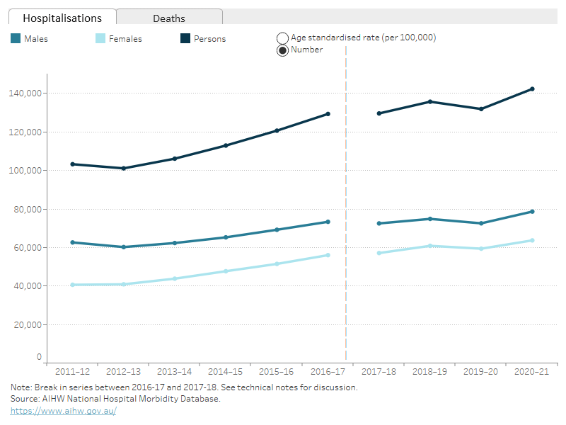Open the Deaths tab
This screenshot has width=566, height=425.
169,18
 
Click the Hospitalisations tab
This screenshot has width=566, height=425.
62,18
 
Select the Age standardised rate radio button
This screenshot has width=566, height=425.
282,38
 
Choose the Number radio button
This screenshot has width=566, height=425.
282,50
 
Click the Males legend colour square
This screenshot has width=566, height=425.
16,39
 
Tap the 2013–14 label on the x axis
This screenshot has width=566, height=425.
174,372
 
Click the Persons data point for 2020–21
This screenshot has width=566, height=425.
532,89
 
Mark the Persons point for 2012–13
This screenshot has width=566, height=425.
123,169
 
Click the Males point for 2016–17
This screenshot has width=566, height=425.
328,222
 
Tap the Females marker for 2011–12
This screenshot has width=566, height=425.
72,285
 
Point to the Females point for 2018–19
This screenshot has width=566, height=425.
430,246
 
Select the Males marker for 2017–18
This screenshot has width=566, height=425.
379,224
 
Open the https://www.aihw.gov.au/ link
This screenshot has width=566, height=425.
63,411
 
